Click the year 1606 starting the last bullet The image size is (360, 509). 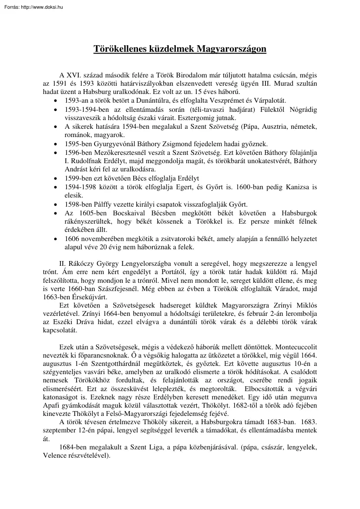click(72, 239)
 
